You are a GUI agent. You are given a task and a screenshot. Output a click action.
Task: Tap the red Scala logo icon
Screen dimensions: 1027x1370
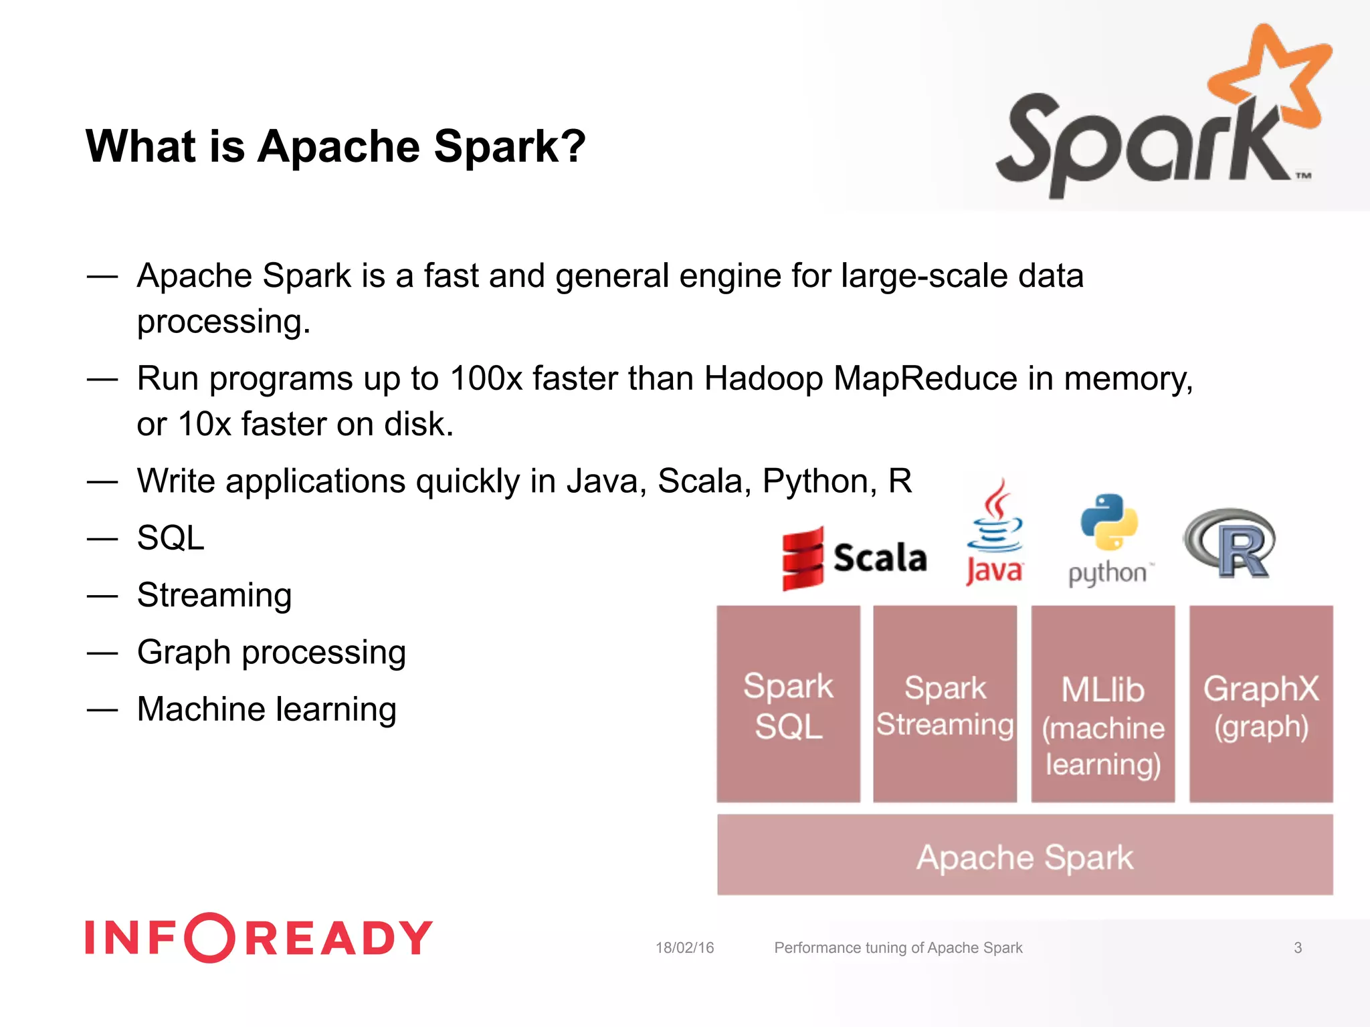point(803,559)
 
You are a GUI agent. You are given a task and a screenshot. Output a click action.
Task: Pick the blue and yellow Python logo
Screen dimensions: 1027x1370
point(1108,522)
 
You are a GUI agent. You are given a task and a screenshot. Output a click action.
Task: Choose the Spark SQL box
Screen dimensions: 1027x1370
point(788,704)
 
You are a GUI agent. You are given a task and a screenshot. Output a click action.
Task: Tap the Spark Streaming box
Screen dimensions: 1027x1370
point(945,704)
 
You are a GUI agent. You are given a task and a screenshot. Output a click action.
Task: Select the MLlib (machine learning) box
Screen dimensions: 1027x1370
point(1102,704)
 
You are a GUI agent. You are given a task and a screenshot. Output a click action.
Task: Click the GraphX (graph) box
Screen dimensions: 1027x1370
point(1261,704)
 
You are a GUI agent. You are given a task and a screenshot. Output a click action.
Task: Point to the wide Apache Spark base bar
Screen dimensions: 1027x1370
point(1024,855)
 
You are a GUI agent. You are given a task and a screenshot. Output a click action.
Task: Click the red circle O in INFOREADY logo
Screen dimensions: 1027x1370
point(209,937)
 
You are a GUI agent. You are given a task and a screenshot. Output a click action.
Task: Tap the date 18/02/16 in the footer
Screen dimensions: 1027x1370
point(684,947)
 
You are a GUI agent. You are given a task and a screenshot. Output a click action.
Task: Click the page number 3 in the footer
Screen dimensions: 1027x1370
point(1298,947)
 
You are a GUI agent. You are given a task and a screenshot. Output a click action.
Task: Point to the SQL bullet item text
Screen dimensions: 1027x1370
point(171,538)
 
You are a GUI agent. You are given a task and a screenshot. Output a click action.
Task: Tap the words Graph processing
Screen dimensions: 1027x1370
point(271,652)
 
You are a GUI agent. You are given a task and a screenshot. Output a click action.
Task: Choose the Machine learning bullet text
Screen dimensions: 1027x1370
point(266,709)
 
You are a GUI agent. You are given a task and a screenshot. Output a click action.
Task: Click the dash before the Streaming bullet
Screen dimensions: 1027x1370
point(102,596)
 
